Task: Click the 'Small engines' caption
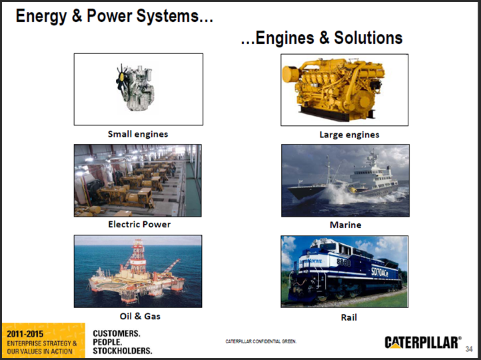coord(138,134)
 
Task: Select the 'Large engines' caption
coord(349,135)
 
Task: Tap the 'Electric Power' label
coord(139,224)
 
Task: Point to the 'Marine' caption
coord(345,225)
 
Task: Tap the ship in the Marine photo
coord(346,184)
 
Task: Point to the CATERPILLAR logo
coord(422,342)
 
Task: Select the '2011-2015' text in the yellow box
coord(25,333)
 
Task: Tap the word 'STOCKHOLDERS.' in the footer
coord(123,351)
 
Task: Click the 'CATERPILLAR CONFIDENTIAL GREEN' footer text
coord(260,341)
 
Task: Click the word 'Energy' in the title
coord(42,15)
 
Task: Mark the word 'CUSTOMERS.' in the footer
coord(117,333)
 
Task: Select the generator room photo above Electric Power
coord(137,180)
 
